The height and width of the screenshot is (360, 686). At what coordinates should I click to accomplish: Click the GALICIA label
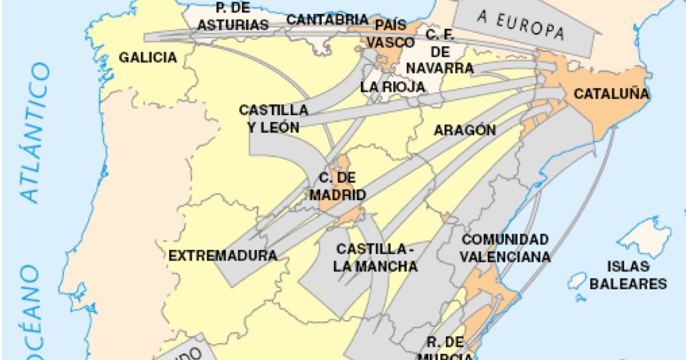148,58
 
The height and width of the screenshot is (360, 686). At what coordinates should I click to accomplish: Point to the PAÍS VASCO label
390,34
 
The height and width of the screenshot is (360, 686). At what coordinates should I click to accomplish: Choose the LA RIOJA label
393,87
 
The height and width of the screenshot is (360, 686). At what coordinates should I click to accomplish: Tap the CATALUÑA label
611,95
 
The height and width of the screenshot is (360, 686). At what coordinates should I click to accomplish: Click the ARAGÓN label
465,130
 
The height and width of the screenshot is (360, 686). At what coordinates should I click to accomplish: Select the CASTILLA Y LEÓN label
273,118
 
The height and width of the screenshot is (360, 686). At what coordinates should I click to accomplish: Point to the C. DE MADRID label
338,186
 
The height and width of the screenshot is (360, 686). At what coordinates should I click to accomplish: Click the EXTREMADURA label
222,255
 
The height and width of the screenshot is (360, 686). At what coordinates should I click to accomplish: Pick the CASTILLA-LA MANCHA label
375,257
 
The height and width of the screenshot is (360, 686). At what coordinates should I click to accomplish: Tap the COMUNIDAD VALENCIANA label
506,248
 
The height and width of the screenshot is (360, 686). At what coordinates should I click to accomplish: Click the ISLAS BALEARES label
628,274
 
